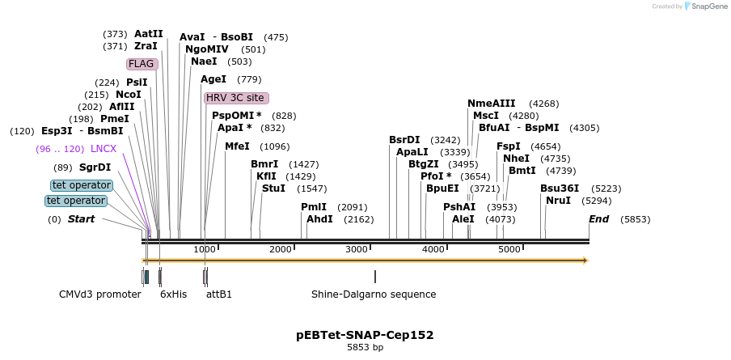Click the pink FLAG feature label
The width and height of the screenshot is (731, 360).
click(142, 64)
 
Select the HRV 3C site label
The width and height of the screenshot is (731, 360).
click(236, 98)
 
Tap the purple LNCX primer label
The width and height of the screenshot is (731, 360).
click(104, 149)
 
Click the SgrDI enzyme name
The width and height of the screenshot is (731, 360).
click(95, 167)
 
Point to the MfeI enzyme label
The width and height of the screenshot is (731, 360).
click(238, 146)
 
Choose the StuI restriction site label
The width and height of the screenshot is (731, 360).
click(273, 188)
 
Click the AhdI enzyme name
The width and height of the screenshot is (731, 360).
click(319, 219)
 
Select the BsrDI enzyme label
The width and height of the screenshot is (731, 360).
click(404, 140)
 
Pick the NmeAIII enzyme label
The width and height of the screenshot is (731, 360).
click(491, 104)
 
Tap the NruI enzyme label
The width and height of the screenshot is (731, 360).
click(558, 200)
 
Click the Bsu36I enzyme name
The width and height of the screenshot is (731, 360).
click(560, 188)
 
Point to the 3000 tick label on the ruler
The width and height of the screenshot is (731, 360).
click(357, 249)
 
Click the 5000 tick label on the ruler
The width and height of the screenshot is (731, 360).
click(509, 249)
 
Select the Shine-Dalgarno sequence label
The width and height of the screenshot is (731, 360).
click(374, 294)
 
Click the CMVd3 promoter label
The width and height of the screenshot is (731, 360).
click(100, 294)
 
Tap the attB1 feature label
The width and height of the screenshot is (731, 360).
click(219, 294)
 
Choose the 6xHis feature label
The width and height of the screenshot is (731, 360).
click(174, 294)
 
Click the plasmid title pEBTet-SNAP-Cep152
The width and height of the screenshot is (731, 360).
click(365, 335)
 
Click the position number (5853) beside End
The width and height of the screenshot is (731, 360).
click(635, 219)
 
